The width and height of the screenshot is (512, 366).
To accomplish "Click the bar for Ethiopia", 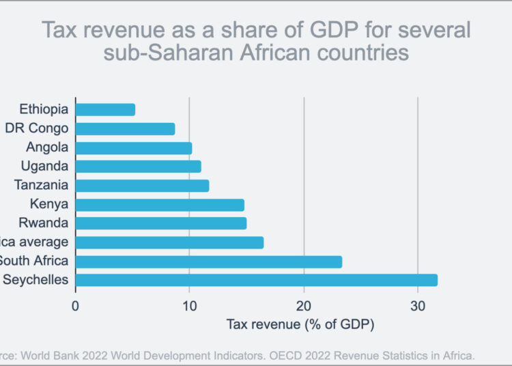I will (105, 109).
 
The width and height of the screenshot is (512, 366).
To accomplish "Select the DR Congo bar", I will (125, 128).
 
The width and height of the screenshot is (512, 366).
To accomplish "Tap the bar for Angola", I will (134, 147).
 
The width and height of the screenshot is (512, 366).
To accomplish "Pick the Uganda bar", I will (138, 166).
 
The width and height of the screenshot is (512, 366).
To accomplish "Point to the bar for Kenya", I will (160, 204).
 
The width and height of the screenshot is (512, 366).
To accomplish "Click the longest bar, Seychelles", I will (256, 280).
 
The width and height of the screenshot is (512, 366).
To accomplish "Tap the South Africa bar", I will (208, 262).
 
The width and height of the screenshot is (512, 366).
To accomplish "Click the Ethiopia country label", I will (44, 109).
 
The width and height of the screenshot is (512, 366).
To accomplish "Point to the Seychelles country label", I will (35, 280).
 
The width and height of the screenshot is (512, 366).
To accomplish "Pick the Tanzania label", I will (42, 185).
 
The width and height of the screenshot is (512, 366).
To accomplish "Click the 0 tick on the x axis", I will (75, 305).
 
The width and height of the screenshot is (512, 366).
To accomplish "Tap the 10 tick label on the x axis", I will (189, 305).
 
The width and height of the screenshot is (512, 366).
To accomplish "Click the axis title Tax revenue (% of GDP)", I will (300, 324).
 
